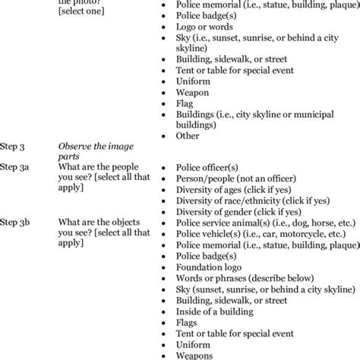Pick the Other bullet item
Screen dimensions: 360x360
point(188,136)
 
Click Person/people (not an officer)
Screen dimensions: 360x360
point(235,178)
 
